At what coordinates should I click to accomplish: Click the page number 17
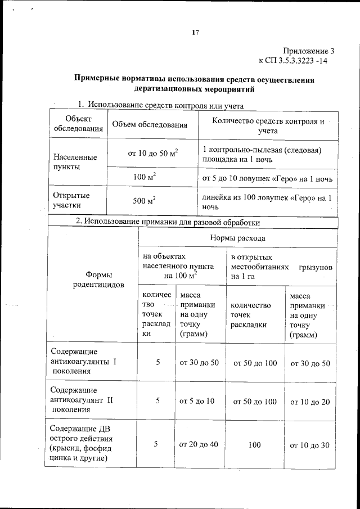tap(195, 33)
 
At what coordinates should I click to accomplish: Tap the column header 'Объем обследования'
tap(150, 125)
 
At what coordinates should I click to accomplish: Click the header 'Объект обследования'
tap(78, 124)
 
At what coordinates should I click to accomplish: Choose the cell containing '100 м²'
tap(145, 177)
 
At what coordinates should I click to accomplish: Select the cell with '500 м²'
tap(145, 201)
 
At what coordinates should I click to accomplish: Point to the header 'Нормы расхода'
tap(237, 238)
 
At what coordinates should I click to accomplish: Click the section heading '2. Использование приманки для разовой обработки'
tap(168, 222)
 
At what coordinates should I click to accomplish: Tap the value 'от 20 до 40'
tap(199, 444)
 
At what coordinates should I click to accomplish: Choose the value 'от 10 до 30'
tap(310, 445)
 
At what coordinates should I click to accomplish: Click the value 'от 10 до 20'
tap(310, 402)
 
